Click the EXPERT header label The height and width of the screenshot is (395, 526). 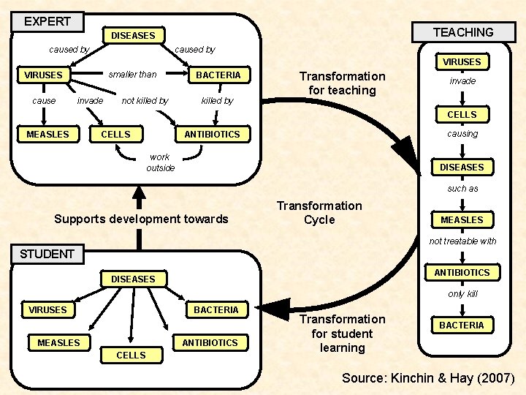pos(47,21)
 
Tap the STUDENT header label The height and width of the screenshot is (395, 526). pos(47,254)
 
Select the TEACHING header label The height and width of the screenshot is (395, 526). pos(462,32)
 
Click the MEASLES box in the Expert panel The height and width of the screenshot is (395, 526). pos(47,134)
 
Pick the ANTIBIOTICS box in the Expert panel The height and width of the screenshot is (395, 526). pos(212,134)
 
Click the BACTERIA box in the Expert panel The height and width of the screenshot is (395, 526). pos(218,75)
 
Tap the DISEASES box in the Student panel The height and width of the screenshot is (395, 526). pos(133,279)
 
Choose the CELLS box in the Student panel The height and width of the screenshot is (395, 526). pos(131,355)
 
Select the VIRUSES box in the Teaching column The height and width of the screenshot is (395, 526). pos(462,62)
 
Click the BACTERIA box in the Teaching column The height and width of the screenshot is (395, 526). pos(462,325)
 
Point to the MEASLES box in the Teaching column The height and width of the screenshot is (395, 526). pos(462,219)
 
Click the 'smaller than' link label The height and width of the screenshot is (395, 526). pos(132,74)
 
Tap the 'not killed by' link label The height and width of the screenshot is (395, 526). pos(145,100)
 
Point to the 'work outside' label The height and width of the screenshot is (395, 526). pos(160,162)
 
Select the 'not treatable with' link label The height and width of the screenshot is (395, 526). pos(462,241)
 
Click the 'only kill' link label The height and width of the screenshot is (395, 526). pos(462,293)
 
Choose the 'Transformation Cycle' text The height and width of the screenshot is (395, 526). pos(319,213)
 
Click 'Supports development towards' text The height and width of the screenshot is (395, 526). pos(141,219)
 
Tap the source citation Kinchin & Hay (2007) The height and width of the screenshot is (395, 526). pos(428,378)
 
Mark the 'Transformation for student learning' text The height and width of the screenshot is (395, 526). pos(342,333)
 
